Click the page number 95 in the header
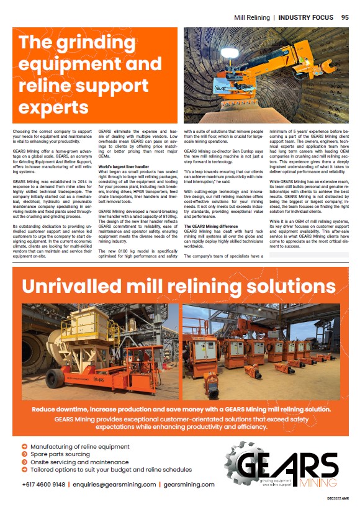(344, 17)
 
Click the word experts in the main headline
(53, 107)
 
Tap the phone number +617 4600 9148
(44, 484)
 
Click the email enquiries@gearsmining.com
(112, 484)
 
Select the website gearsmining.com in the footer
(189, 484)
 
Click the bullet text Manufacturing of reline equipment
(79, 446)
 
